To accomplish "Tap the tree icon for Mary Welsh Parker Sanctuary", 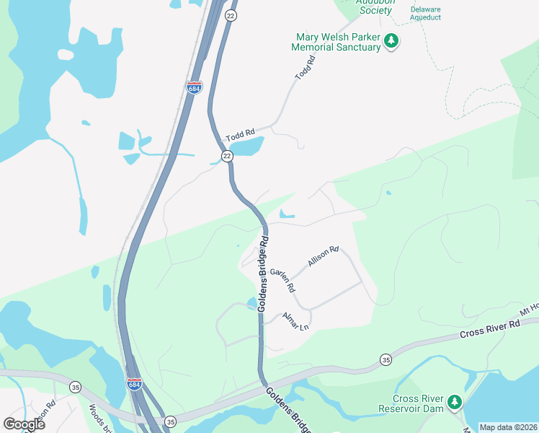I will click(391, 41).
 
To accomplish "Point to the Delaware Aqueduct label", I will click(425, 13).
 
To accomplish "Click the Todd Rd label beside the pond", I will click(241, 135).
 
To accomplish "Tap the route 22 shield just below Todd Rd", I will click(226, 156).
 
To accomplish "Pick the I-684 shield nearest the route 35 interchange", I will click(134, 383).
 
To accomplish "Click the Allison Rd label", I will click(323, 256).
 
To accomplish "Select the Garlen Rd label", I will click(282, 281).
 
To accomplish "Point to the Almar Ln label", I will click(295, 320).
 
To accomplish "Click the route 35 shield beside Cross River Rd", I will click(386, 359).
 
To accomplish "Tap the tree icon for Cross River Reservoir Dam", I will click(455, 402).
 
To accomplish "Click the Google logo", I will click(24, 424).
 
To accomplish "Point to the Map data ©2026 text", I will click(508, 427).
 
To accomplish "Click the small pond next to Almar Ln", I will click(251, 302).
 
